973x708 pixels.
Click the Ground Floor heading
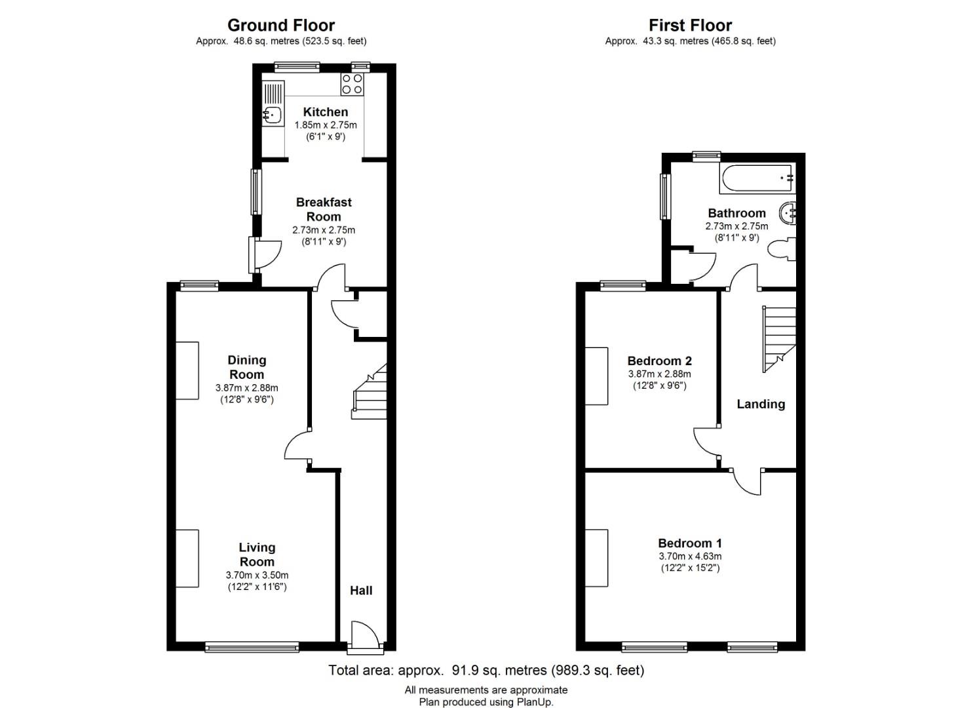(281, 26)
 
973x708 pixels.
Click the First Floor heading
(690, 26)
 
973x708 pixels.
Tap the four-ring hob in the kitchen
(352, 85)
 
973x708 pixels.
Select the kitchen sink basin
(273, 115)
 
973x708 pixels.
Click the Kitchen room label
(326, 112)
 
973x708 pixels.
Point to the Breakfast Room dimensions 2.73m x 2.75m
(324, 230)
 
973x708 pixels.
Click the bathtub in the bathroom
(757, 178)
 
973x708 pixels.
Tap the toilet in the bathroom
(782, 250)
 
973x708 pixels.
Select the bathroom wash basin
(788, 214)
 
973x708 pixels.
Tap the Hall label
(361, 590)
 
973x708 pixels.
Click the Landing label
(761, 404)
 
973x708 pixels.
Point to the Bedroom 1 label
(690, 543)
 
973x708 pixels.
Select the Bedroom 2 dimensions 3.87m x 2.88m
(659, 374)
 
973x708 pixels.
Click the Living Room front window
(252, 648)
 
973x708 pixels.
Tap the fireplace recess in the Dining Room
(187, 371)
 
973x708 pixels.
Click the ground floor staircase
(370, 391)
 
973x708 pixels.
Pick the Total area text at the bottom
(486, 670)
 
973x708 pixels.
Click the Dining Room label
(247, 367)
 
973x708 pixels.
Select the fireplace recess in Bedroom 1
(596, 558)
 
